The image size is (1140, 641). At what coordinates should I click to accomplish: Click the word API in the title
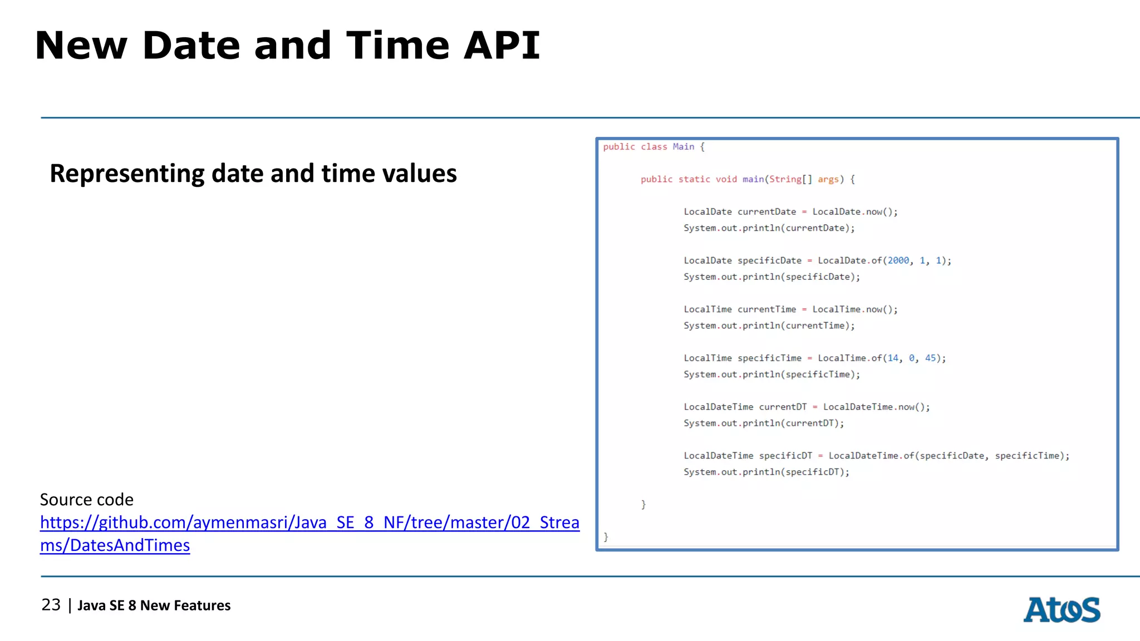502,46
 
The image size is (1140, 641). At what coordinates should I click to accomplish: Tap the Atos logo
1062,610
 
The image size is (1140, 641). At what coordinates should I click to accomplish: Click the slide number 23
51,605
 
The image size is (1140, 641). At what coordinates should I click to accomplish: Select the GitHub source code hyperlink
309,523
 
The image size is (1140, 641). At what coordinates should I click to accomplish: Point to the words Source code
87,500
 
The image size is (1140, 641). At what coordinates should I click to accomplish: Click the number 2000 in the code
898,260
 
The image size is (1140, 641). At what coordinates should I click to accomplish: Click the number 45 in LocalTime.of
930,358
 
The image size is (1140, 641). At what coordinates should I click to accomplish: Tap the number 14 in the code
892,358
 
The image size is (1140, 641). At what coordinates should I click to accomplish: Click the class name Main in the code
683,147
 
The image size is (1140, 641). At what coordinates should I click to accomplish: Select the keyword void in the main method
726,179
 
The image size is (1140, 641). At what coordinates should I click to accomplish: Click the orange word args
828,179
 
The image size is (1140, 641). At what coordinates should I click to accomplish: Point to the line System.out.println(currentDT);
764,423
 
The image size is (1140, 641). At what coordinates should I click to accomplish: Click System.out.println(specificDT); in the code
766,472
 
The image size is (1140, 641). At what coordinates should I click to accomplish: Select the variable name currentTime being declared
766,309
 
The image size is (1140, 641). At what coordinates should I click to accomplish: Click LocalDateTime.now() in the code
876,407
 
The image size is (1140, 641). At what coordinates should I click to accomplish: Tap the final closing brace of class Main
606,537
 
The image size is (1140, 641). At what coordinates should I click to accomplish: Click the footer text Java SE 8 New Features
154,605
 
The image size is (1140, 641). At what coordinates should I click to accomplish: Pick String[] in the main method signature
790,179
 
